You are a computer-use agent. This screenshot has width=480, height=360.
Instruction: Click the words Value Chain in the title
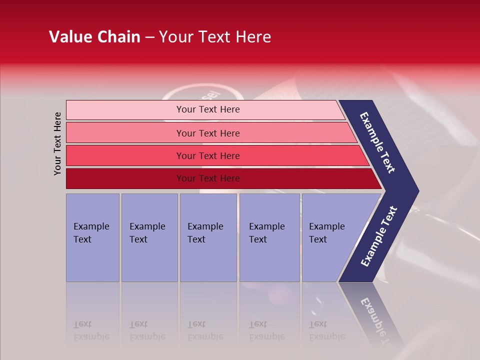tap(94, 37)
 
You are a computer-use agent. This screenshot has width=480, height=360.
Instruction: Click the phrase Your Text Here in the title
tap(215, 37)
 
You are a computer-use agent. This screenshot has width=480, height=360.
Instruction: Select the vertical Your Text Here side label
tap(57, 143)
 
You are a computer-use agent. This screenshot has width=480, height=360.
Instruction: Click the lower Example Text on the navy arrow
tap(379, 236)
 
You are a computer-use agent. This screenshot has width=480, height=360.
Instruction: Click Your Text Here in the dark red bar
tap(208, 178)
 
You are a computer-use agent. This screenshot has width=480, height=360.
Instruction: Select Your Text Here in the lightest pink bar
tap(208, 109)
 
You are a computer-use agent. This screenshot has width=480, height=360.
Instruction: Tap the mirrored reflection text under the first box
tap(91, 331)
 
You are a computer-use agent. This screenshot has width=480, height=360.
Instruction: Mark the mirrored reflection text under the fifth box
tap(326, 331)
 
